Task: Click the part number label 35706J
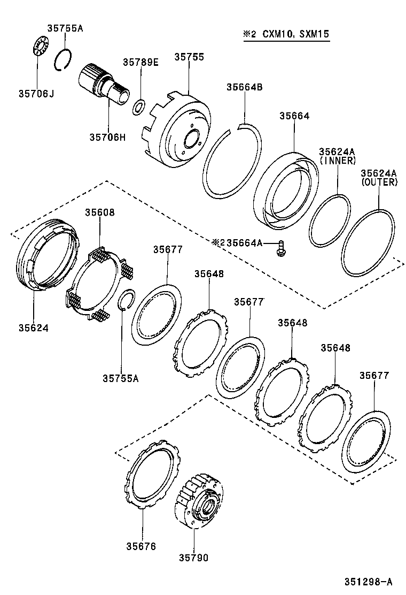pos(36,94)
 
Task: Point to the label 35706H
pos(107,137)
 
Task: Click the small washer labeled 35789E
pos(138,107)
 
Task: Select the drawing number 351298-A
pos(369,582)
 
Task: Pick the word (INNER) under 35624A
pos(338,160)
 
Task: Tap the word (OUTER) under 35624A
pos(379,182)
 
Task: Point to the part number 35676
pos(141,546)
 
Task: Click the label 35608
pos(99,212)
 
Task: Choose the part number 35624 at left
pos(33,327)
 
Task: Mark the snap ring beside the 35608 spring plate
pos(126,299)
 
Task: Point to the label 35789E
pos(140,63)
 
